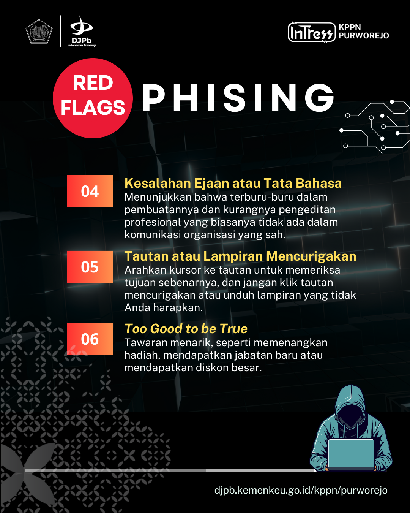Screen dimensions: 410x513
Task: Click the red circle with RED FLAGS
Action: pos(93,98)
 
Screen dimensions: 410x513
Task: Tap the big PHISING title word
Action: pos(238,98)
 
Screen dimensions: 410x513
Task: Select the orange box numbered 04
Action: pos(90,191)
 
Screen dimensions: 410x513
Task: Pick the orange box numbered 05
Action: pos(90,266)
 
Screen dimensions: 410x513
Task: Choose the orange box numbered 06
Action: pos(90,339)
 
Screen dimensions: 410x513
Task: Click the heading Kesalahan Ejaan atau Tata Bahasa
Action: pos(233,183)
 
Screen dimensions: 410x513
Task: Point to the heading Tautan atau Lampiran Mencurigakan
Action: pos(240,256)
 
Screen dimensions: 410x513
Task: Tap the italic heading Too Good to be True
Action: pos(186,329)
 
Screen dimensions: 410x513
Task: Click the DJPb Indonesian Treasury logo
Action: pos(82,31)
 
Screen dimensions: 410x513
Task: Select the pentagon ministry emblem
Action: pos(39,31)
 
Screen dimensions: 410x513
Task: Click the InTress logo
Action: pos(312,32)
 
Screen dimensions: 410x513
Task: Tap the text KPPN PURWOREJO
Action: pos(364,32)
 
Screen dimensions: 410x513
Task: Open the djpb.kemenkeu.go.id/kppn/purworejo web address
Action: pos(301,490)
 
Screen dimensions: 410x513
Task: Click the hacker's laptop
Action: pos(351,455)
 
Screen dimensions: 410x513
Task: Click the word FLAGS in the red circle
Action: pos(93,108)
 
